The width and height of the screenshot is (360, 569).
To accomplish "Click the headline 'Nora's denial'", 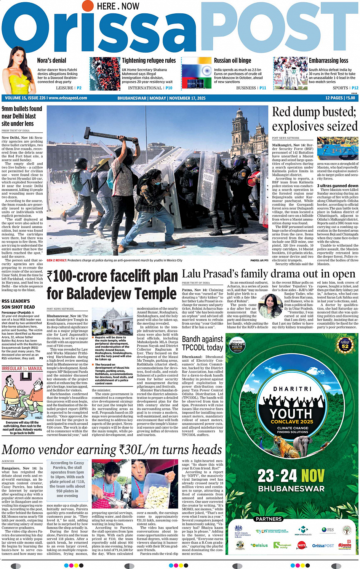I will point(51,61).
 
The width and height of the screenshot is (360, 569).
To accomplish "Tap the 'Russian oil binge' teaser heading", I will point(232,61).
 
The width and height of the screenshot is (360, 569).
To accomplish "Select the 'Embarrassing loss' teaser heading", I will point(328,61).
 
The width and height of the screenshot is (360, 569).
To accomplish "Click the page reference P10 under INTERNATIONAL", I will point(169,88).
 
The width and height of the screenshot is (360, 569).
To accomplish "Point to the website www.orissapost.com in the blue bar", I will point(68,98).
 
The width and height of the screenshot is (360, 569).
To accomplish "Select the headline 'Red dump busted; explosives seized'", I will point(314,119).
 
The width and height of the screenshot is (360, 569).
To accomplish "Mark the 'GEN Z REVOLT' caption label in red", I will point(56,261).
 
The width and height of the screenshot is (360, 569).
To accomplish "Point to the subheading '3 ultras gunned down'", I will point(338,186).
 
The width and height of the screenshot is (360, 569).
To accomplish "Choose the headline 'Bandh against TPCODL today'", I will point(202,343).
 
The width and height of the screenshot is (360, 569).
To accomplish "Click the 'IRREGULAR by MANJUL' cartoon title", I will point(22,369).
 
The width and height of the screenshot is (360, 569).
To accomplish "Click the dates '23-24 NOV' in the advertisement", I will point(291,476).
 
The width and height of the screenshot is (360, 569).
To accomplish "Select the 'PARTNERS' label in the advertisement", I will point(269,519).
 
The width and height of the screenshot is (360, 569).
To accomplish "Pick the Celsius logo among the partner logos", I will point(259,545).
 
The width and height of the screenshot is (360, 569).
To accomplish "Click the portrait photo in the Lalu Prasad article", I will point(270,305).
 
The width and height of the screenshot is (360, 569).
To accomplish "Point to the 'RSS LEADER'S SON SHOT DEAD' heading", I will point(18,304).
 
